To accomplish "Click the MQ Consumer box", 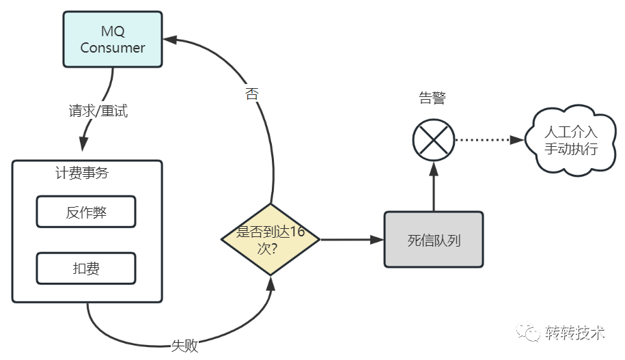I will point(113,39).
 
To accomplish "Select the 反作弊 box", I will point(86,212).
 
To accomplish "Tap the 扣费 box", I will point(86,268).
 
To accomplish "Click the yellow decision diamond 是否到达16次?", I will point(270,239).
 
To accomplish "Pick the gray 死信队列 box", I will point(433,240).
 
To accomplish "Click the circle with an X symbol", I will point(434,140).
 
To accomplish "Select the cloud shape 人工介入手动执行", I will point(561,141).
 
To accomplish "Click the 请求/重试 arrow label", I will point(98,111).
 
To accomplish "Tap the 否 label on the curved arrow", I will point(251,94).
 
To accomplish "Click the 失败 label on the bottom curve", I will point(184,346).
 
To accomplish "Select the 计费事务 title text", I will point(82,174).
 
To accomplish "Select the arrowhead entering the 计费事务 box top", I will point(84,145).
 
